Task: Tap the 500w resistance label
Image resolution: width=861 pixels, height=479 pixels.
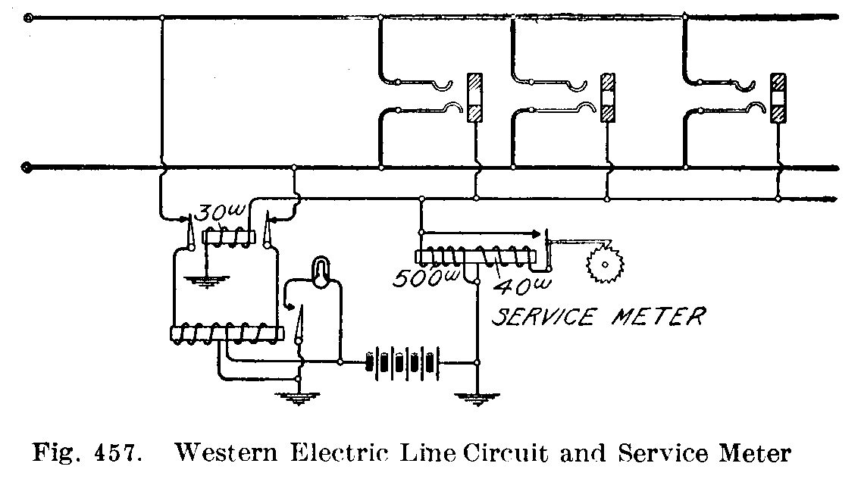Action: (416, 279)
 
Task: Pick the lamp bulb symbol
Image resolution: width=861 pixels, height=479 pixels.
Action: (321, 271)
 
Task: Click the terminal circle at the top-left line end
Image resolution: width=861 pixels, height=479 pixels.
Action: (29, 17)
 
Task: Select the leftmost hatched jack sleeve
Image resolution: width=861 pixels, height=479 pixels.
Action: (475, 97)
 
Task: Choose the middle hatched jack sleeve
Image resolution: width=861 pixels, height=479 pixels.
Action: (607, 97)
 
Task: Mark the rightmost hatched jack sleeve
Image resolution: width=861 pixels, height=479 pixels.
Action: (778, 97)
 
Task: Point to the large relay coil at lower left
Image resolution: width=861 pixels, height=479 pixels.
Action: (226, 332)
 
